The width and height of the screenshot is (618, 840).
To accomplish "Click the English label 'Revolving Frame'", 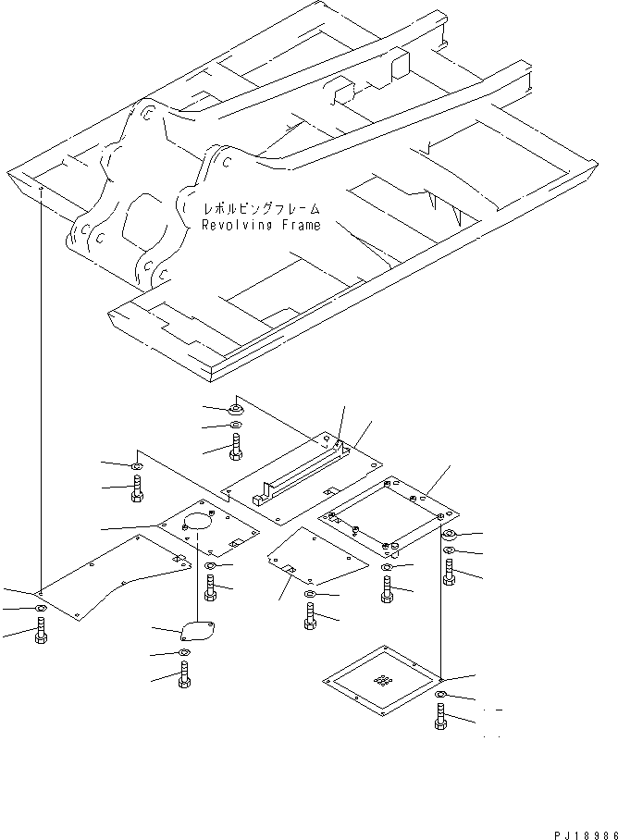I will (262, 225).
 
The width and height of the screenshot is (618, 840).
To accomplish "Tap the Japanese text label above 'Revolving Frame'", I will (262, 209).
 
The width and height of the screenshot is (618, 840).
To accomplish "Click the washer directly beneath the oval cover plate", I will (184, 655).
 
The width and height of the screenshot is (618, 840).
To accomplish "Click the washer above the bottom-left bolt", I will (41, 609).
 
